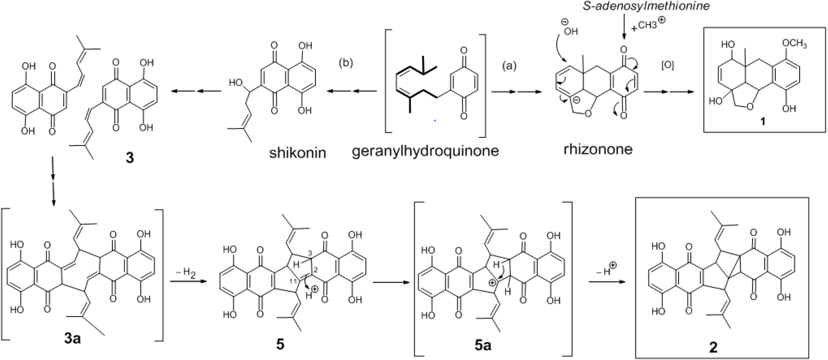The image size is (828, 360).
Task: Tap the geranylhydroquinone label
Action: click(x=425, y=150)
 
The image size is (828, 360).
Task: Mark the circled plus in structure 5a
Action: click(x=492, y=283)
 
